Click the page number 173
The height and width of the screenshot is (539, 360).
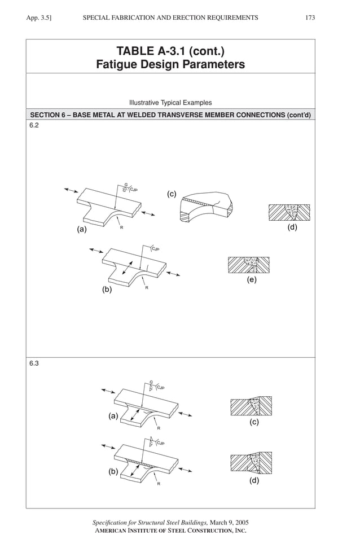tap(310, 18)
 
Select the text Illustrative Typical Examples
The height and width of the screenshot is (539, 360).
tap(170, 103)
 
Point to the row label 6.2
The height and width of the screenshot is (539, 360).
tap(34, 126)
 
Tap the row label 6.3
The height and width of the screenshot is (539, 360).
tap(34, 365)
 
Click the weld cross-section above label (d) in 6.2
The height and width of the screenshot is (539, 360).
tap(290, 212)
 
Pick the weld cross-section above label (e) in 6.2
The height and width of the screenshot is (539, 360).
tap(249, 265)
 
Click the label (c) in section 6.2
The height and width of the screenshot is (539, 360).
tap(172, 194)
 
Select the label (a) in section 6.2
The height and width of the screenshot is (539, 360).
tap(82, 230)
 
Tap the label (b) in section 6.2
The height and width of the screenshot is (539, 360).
tap(107, 290)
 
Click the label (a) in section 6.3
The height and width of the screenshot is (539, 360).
tap(113, 417)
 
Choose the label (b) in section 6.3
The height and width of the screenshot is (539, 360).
tap(113, 472)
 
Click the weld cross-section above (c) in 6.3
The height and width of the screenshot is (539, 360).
tap(251, 406)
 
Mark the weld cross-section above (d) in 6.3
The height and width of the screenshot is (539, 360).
tap(251, 463)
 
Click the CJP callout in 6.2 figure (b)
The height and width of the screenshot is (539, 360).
tap(155, 249)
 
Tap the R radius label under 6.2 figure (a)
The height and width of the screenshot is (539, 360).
tap(121, 227)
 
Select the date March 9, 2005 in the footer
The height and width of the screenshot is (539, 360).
tap(229, 523)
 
